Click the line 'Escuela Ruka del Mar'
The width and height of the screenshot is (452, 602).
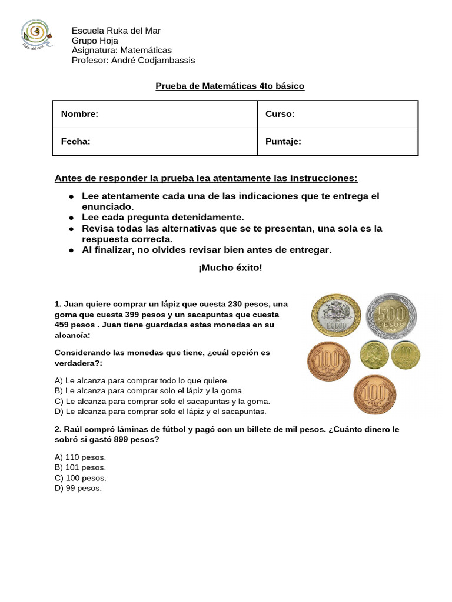(116, 31)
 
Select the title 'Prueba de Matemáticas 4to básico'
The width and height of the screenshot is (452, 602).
(230, 86)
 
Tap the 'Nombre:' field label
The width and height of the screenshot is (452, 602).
(79, 114)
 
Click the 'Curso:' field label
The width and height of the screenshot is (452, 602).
(280, 114)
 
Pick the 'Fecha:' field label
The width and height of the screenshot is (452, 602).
(75, 141)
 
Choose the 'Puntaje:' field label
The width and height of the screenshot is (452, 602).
(283, 141)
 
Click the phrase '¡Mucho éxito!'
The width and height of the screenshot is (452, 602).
(230, 268)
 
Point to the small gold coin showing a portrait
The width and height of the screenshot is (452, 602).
(374, 355)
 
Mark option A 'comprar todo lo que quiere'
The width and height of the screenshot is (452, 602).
(141, 380)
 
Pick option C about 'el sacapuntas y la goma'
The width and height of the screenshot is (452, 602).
(162, 402)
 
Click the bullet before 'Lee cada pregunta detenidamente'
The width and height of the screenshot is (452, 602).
(71, 218)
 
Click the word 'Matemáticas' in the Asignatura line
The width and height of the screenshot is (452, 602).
(145, 51)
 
